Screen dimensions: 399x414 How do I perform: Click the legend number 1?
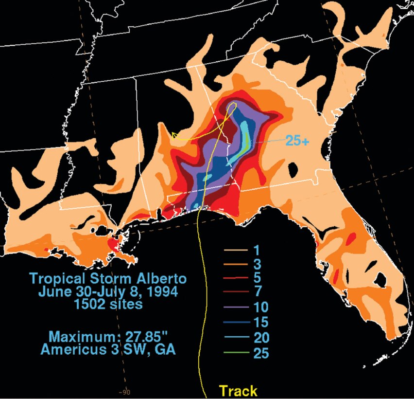click(257, 250)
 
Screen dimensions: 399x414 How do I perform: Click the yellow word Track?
click(238, 390)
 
